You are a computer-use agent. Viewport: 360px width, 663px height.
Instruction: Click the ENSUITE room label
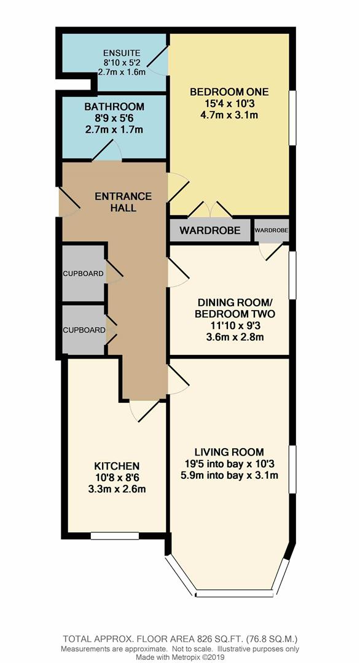coord(122,53)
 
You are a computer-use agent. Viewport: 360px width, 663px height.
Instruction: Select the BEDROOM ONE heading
coord(229,91)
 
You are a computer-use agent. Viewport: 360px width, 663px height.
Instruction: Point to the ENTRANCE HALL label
coord(123,202)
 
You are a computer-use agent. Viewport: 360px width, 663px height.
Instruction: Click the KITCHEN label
coord(117,467)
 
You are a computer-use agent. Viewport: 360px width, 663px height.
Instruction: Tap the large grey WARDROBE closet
coord(210,230)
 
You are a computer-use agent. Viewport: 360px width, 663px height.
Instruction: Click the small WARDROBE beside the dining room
coord(272,230)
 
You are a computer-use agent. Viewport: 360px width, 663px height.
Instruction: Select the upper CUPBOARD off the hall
coord(84,273)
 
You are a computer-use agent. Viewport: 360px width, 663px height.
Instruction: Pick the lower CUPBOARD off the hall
coord(84,330)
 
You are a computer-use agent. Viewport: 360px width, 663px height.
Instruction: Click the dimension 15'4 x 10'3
coord(229,103)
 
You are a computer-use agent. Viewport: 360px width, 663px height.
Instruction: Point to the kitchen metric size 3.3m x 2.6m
coord(117,489)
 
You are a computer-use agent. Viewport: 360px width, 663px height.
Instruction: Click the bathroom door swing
coord(108,150)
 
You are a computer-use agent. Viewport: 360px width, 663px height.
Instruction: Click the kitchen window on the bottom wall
coord(115,536)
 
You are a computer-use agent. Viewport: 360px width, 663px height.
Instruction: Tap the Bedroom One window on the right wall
coord(292,117)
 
